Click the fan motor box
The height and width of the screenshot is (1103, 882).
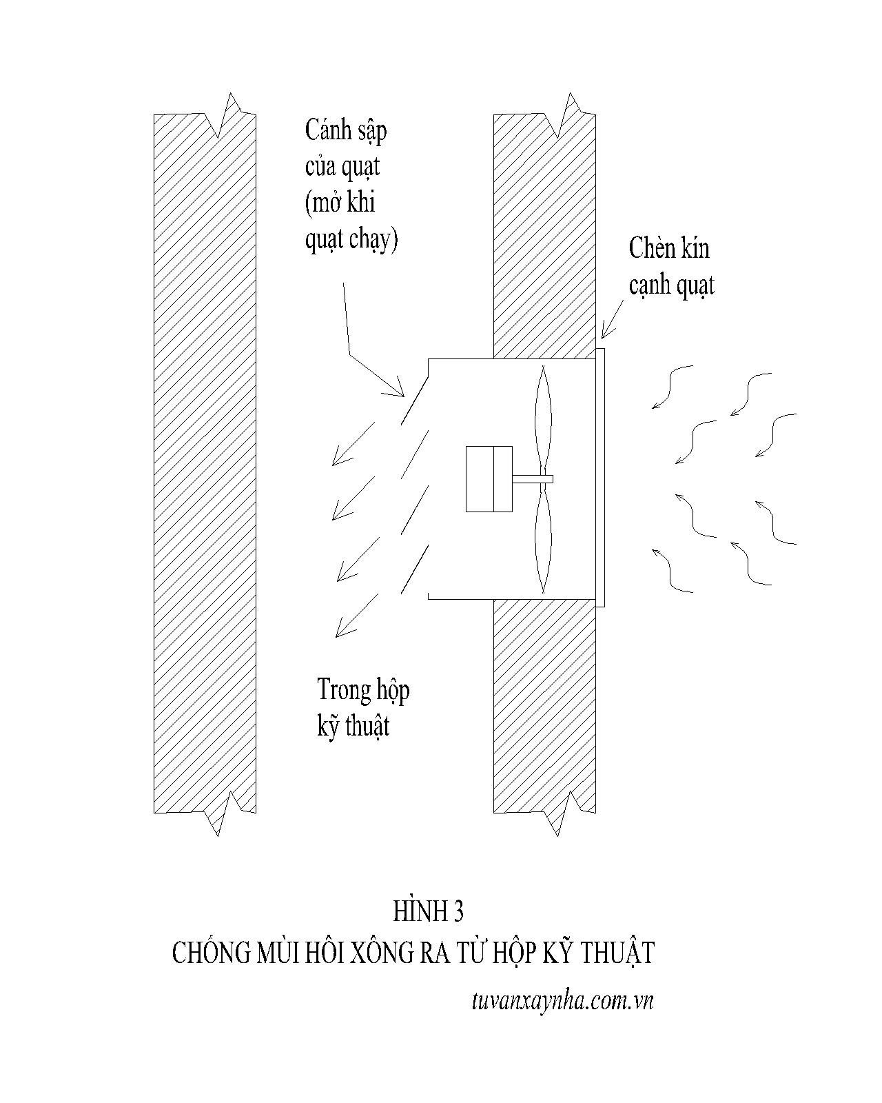tap(489, 478)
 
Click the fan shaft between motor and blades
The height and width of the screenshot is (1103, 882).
tap(533, 479)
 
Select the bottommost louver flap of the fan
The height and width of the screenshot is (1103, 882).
tap(415, 569)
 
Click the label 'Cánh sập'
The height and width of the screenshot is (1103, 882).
tap(346, 131)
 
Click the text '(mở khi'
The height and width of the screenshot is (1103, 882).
tap(340, 203)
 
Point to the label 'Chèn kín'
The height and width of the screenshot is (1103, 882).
tap(669, 249)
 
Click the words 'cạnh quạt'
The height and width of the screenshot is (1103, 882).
tap(671, 285)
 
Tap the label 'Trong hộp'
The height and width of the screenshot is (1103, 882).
tap(363, 690)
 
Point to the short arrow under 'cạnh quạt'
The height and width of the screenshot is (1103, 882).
tap(613, 319)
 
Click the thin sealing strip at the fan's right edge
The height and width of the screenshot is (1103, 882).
tap(600, 478)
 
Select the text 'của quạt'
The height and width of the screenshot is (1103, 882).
tap(342, 168)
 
